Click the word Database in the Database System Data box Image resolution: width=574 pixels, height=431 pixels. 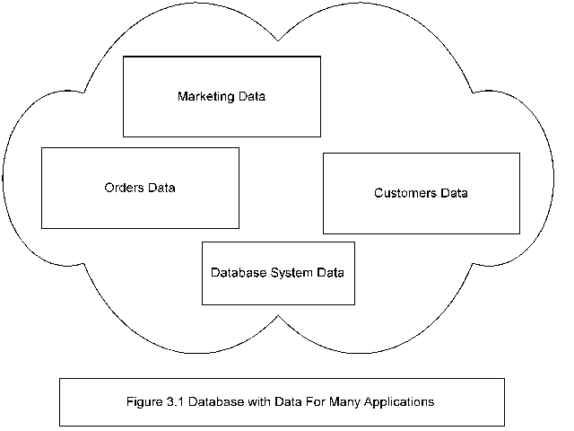[x=238, y=272]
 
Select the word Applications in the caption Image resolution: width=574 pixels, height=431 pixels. [x=400, y=402]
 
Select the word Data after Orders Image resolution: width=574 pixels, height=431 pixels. [x=161, y=189]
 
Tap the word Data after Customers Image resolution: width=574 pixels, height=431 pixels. [x=454, y=193]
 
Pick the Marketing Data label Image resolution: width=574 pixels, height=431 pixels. [x=222, y=96]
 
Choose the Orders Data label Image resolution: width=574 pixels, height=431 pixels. [x=139, y=189]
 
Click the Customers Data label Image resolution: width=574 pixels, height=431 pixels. [x=422, y=193]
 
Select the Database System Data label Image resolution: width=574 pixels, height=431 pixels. [x=278, y=272]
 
